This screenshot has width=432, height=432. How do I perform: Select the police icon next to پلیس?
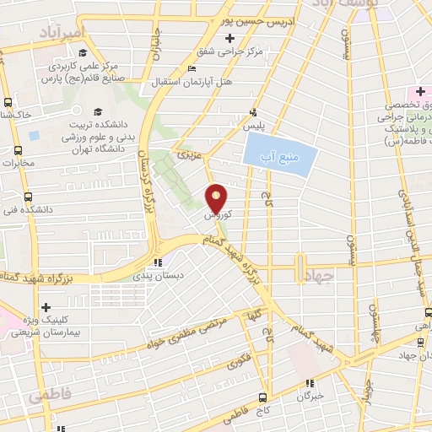252,112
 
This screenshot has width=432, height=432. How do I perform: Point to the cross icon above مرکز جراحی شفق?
230,38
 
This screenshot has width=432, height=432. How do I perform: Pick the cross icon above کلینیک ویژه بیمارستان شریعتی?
46,307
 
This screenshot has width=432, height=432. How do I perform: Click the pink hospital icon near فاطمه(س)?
418,91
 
